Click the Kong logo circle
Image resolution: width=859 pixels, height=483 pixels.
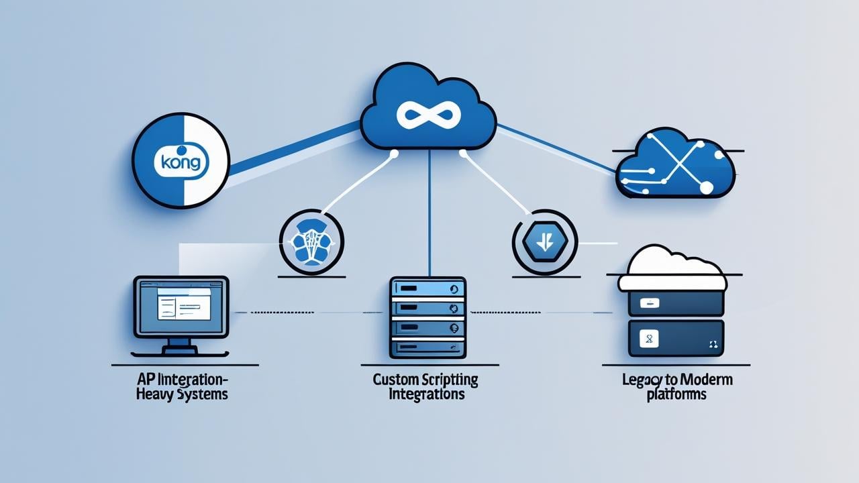(x=181, y=161)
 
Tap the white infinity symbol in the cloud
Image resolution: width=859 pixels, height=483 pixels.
(x=428, y=115)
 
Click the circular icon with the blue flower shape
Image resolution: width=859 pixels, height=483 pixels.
(x=311, y=241)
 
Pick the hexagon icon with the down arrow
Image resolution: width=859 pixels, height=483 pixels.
(x=545, y=241)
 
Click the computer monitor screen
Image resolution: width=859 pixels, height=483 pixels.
(x=181, y=307)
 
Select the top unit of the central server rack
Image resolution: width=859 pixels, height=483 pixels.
(x=428, y=289)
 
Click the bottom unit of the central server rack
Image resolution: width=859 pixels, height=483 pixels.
(x=428, y=347)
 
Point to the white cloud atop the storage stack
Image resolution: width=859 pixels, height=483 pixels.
(x=672, y=268)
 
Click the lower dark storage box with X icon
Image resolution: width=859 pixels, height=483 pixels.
(x=675, y=338)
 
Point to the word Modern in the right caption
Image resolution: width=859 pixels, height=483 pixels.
(x=708, y=380)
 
